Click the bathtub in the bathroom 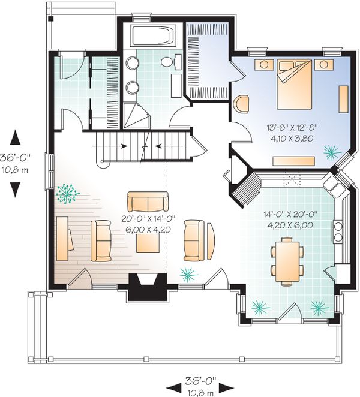coord(153,35)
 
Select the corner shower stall coord(136,116)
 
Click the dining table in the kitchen coord(287,261)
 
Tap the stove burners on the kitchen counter coord(337,231)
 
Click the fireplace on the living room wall coord(148,287)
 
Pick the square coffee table coord(148,243)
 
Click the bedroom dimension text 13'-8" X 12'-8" coord(292,127)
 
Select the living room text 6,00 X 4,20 coord(148,230)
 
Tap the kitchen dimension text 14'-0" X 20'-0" coord(290,215)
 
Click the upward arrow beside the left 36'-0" coord(15,137)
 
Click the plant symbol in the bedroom coord(332,152)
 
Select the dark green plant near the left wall coord(67,194)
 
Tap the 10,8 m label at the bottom coord(200,393)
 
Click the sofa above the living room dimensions coord(148,201)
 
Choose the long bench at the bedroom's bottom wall coord(293,161)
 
